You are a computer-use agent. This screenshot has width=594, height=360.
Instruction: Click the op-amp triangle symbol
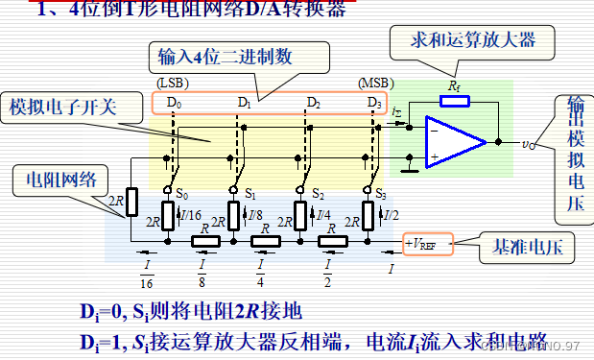pyautogui.click(x=457, y=143)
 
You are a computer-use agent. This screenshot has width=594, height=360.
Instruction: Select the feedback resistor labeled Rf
pyautogui.click(x=455, y=100)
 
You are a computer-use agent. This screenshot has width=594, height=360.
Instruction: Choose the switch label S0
pyautogui.click(x=181, y=193)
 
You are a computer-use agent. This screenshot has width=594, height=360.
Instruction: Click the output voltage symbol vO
pyautogui.click(x=529, y=144)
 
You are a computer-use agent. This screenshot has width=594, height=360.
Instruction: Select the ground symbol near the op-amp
pyautogui.click(x=410, y=167)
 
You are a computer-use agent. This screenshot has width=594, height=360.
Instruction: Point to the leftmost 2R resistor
pyautogui.click(x=132, y=201)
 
